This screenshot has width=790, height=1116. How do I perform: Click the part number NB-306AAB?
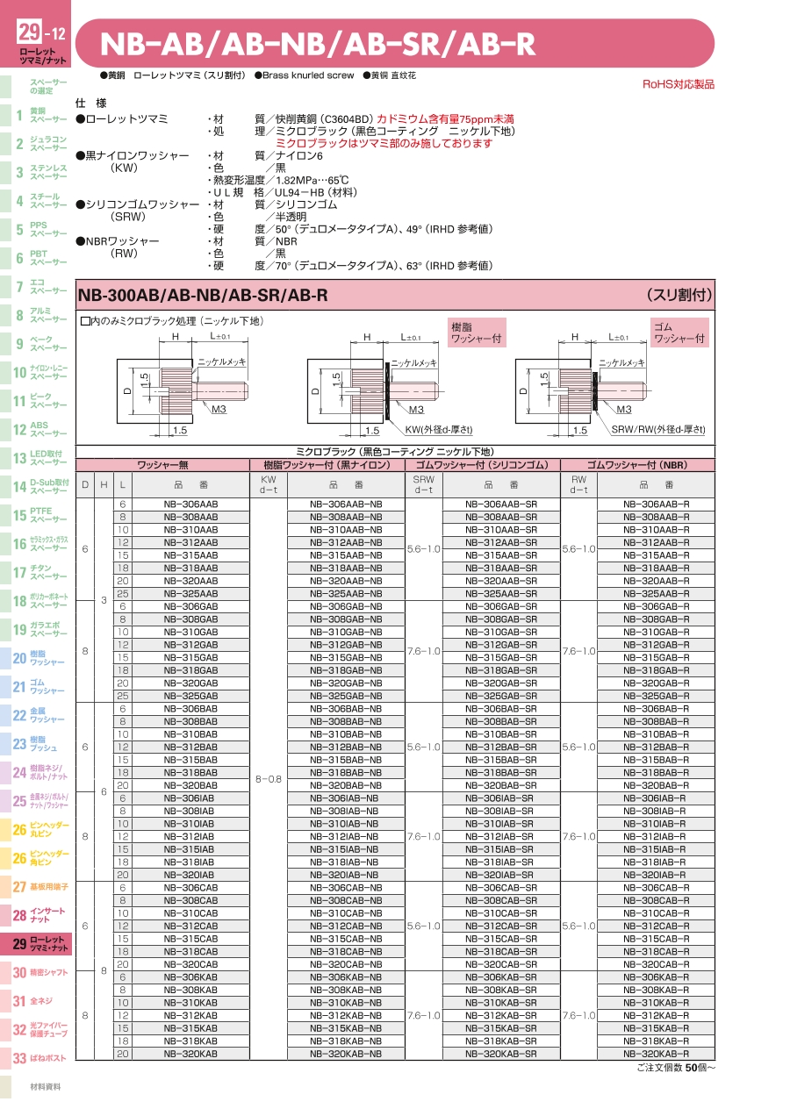(190, 504)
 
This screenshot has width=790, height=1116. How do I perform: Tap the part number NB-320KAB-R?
(656, 1054)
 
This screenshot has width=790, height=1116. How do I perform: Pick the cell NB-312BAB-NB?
(346, 747)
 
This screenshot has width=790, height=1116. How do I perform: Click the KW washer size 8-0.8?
(269, 778)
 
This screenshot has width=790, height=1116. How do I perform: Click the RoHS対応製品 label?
(679, 84)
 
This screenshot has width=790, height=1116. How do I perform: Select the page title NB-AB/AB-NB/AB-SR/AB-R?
(318, 44)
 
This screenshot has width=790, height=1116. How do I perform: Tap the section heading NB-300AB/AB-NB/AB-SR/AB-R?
(203, 296)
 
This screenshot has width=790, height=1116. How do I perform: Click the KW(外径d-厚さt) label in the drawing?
(439, 430)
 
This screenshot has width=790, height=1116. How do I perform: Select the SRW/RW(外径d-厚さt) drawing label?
(658, 430)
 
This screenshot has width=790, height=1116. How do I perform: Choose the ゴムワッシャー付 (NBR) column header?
(637, 464)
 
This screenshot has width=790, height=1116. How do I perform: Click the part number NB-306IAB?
(190, 798)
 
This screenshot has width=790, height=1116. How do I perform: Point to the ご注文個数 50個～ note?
(675, 1068)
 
